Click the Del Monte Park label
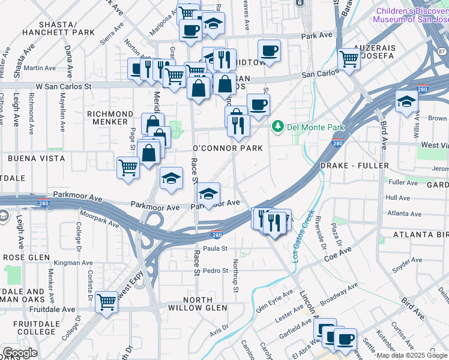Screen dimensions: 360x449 coord(316,127)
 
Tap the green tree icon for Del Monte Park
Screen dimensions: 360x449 coord(277,126)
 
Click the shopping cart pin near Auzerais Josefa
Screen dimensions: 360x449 coord(349,59)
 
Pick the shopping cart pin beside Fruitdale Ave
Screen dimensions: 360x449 coord(107,302)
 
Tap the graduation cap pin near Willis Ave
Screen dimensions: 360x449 coord(406,100)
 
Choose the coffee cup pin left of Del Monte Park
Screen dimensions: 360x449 coord(259,104)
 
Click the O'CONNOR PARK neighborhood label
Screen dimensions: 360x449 coord(220,148)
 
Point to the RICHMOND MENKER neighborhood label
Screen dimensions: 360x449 coord(110,118)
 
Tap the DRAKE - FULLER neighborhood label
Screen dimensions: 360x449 coord(354,165)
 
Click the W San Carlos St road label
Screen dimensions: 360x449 coord(63,86)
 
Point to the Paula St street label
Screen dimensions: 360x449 coord(215,248)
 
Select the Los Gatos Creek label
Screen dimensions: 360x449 coord(303,235)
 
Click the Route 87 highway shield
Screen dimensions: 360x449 coord(442,52)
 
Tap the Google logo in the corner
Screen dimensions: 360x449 coord(20,353)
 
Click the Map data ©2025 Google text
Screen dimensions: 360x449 coord(412,356)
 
